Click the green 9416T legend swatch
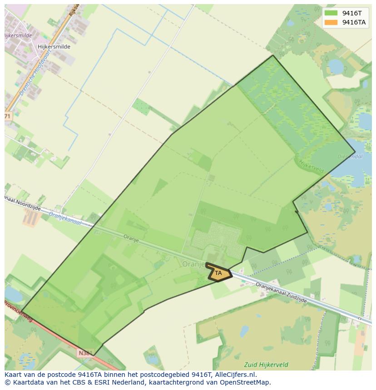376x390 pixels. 331,13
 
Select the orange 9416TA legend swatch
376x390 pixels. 331,22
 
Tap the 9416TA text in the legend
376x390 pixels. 354,22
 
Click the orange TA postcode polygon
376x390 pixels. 219,273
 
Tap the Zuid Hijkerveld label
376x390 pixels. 266,365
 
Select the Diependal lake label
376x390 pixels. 350,156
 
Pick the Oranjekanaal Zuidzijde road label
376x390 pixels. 281,293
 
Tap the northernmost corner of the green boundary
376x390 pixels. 272,56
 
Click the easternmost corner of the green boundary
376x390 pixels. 355,152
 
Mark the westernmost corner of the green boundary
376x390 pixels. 22,312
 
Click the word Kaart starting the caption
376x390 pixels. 14,375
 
